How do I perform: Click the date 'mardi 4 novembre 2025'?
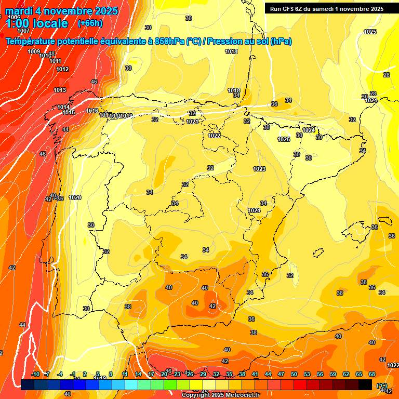tap(61, 11)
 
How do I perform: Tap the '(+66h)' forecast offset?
tap(90, 23)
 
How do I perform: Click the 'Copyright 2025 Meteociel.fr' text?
tap(220, 395)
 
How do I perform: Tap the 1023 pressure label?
tap(259, 169)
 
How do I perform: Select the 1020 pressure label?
tap(75, 197)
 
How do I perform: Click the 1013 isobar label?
tap(60, 90)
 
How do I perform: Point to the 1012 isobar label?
tap(62, 69)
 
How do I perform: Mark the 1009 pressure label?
tap(34, 51)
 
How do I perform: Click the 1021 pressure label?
tap(192, 122)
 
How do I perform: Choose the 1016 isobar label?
tap(92, 111)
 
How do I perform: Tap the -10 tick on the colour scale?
tap(35, 374)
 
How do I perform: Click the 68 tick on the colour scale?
tap(372, 374)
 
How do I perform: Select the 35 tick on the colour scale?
tap(229, 374)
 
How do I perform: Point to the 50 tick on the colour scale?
tap(294, 374)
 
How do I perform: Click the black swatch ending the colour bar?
tap(365, 384)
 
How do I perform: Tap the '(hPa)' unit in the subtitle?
tap(281, 42)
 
